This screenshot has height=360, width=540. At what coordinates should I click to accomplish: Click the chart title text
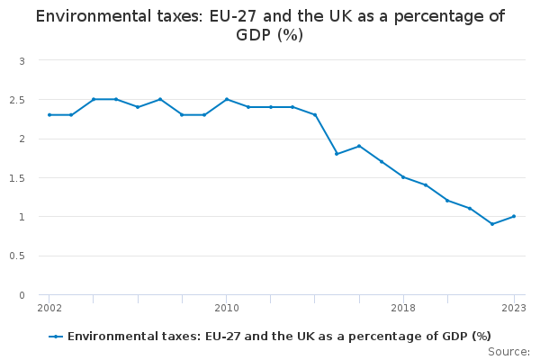coord(270,25)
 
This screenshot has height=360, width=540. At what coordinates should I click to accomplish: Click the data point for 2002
coord(49,115)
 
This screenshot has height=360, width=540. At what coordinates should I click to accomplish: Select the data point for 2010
coord(226,99)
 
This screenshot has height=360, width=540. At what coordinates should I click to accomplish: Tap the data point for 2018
coord(403,177)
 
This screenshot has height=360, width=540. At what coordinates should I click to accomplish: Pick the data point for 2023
coord(514,216)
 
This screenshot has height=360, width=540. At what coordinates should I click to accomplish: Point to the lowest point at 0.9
coord(492,224)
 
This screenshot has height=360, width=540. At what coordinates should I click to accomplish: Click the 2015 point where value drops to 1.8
coord(337,154)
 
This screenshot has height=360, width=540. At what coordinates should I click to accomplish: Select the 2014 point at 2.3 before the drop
coord(315,115)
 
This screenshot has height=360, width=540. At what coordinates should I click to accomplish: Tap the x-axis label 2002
coord(49,309)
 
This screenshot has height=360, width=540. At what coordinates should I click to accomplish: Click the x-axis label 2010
coord(226,309)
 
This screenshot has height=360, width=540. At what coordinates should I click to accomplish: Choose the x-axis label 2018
coord(403,309)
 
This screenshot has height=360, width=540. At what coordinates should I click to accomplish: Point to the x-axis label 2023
coord(513,309)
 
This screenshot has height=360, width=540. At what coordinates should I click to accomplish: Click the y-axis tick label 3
coord(22,60)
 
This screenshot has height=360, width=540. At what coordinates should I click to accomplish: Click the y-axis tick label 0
coord(22,295)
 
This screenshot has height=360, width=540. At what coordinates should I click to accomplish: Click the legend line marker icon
coord(56,337)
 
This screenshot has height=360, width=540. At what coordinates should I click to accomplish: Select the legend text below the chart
coord(279,337)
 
